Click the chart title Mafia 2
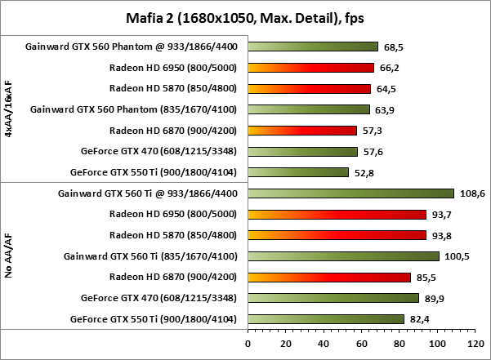coord(246,15)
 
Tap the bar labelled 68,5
coord(313,47)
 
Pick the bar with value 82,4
coord(326,319)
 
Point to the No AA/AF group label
coord(8,256)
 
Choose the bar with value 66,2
coord(310,68)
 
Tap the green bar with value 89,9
coord(333,298)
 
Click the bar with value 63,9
coord(308,109)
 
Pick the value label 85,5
coord(426,278)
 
